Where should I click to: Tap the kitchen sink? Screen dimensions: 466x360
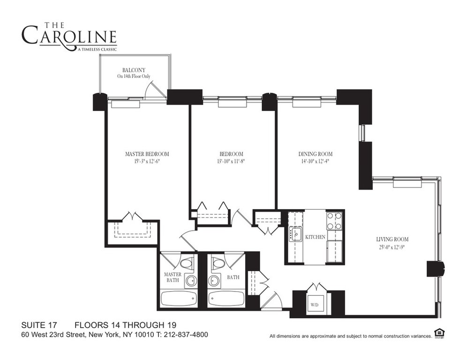point(296,233)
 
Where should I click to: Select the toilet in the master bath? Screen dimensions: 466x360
point(187,264)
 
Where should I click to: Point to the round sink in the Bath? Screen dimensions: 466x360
point(213,280)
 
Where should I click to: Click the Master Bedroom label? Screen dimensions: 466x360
point(147,154)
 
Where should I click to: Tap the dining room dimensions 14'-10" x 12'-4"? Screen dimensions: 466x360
point(315,161)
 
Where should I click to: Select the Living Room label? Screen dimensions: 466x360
point(392,239)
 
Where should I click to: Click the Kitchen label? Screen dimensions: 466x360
point(316,237)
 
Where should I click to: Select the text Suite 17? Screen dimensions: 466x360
point(39,325)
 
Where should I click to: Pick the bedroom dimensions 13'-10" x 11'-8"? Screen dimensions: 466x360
point(231,161)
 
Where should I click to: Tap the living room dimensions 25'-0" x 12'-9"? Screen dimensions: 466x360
point(392,247)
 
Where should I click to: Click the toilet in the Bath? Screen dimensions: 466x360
point(218,264)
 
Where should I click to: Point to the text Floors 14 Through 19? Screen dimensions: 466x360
point(126,325)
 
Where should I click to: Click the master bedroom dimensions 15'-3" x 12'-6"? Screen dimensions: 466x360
point(147,161)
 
